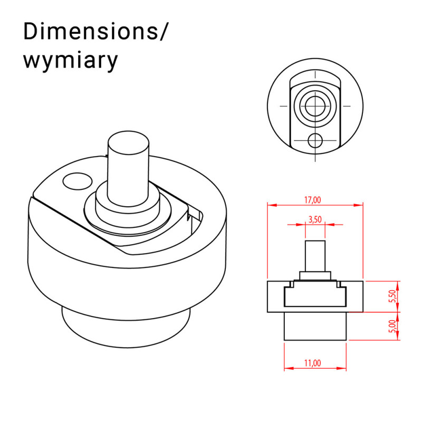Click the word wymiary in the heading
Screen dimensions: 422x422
(x=70, y=61)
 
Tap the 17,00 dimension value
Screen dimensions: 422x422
(x=313, y=200)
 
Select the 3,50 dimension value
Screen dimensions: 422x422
(x=315, y=220)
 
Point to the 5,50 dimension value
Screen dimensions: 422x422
(x=391, y=296)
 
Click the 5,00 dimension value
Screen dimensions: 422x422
(x=391, y=326)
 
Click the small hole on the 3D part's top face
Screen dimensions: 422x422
(x=76, y=181)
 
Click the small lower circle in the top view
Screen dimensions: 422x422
(x=315, y=140)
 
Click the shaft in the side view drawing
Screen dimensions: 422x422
(x=315, y=256)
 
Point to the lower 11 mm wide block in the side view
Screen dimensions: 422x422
(x=315, y=325)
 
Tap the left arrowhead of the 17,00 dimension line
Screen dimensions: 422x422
(x=270, y=205)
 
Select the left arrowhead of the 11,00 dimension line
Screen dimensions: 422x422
(x=287, y=368)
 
